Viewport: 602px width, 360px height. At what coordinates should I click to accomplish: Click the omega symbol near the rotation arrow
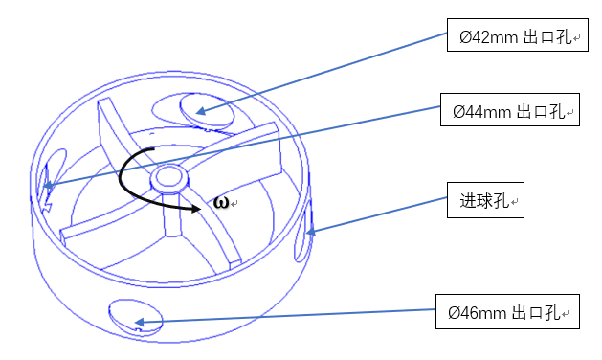click(221, 202)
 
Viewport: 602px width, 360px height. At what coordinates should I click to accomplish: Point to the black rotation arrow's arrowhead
click(196, 209)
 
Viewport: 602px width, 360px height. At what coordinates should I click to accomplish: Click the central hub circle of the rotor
click(169, 177)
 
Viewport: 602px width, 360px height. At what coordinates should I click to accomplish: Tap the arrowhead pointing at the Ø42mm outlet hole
click(201, 112)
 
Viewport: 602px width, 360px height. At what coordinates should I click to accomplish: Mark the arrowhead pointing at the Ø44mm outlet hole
click(48, 186)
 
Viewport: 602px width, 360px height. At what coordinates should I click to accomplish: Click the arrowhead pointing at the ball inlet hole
click(310, 232)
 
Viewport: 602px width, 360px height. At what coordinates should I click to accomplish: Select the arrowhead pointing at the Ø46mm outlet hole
click(139, 322)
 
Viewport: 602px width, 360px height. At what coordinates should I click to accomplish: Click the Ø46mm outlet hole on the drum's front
click(136, 317)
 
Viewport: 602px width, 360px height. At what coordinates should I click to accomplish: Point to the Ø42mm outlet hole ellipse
click(207, 110)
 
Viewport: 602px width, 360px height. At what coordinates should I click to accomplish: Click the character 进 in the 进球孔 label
click(468, 200)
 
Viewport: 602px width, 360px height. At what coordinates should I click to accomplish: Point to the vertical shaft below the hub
click(172, 214)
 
